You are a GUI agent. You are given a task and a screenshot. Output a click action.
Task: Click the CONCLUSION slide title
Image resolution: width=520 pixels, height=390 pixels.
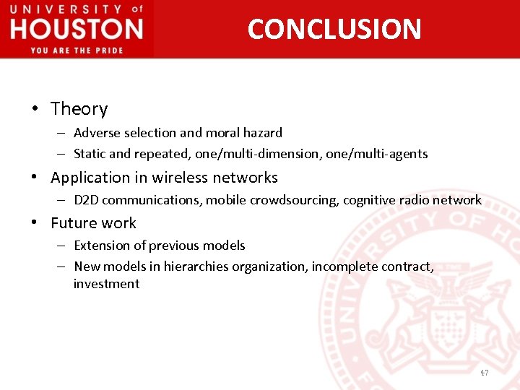click(x=334, y=29)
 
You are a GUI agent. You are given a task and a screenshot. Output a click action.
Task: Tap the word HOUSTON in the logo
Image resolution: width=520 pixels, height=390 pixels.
click(x=77, y=30)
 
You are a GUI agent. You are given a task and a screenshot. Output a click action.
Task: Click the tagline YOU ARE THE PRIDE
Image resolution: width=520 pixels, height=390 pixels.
click(x=77, y=50)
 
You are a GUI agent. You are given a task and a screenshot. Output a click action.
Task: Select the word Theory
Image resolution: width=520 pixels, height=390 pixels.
click(x=79, y=109)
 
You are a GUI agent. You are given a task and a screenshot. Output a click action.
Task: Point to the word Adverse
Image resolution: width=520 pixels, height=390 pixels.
click(x=95, y=133)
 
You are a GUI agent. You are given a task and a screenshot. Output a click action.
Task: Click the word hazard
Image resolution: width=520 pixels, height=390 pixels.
click(x=263, y=133)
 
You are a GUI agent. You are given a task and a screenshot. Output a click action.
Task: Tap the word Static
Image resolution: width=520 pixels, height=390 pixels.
click(x=90, y=154)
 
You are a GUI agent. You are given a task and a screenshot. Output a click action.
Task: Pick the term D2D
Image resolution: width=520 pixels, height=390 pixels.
click(x=87, y=200)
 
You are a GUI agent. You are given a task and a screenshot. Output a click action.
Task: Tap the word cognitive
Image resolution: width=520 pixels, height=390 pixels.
click(x=371, y=200)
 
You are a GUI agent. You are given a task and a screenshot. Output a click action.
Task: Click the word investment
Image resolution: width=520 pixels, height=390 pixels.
click(x=106, y=284)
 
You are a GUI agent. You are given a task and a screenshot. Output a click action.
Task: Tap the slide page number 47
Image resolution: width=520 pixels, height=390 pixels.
click(x=484, y=373)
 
